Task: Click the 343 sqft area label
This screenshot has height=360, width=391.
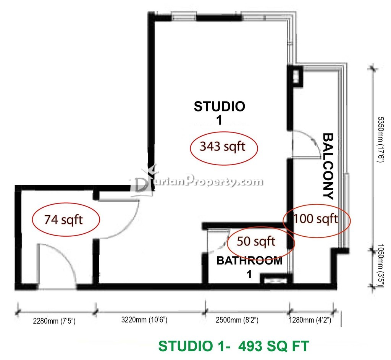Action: (223, 146)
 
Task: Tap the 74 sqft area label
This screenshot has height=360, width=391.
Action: (63, 220)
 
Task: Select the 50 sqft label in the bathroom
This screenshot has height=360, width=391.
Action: (256, 241)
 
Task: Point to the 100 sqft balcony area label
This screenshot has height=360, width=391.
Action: (316, 219)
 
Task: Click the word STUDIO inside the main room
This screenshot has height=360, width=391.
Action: (220, 107)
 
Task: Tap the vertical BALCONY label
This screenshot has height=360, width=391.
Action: (328, 166)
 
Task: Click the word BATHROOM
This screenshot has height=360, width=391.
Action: (249, 261)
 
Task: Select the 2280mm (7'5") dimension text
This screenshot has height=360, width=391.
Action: (54, 321)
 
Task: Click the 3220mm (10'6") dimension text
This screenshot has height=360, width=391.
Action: (144, 320)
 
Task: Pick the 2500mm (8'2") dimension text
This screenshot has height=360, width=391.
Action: (237, 320)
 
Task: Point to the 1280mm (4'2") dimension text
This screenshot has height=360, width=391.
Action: (310, 320)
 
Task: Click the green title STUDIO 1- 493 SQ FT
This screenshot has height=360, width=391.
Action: (234, 346)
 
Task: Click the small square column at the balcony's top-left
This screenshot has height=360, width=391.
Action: (295, 76)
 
